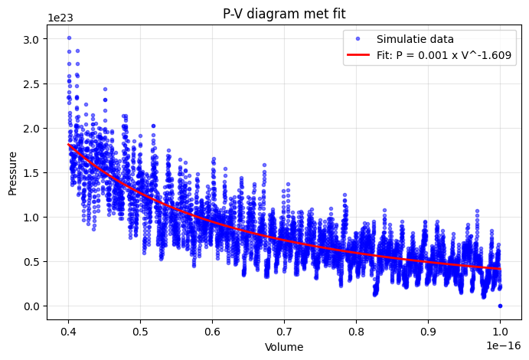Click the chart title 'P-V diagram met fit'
pos(284,10)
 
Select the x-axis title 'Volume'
pos(284,347)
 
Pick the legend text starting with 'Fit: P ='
pos(444,55)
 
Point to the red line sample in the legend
pos(358,55)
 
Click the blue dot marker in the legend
pos(358,39)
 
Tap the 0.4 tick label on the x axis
pos(68,332)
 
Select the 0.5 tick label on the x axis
pos(140,332)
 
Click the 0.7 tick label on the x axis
pos(284,332)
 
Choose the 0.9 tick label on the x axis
pos(428,332)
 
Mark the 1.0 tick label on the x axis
pos(500,332)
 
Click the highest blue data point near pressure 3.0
pos(69,38)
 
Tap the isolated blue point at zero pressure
pos(500,306)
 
